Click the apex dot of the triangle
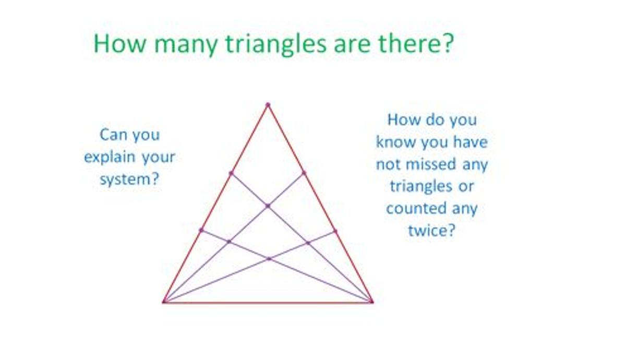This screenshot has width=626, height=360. (x=268, y=105)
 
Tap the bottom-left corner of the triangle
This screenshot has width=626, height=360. (x=163, y=302)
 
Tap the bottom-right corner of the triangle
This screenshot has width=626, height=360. (x=371, y=302)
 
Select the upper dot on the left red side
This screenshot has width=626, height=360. (x=231, y=173)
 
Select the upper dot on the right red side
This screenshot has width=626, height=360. (x=304, y=173)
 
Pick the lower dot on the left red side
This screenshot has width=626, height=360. (x=201, y=230)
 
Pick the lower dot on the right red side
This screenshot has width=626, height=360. (x=335, y=231)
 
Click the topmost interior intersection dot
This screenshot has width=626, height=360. (x=268, y=206)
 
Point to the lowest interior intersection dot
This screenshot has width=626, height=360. (x=269, y=259)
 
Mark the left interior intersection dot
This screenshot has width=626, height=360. (x=229, y=242)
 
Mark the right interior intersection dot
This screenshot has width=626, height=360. (x=308, y=243)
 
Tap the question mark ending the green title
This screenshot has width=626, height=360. (x=448, y=43)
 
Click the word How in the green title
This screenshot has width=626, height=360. (x=120, y=43)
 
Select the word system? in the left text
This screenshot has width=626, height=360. (x=129, y=179)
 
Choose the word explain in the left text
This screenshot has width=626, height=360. (x=110, y=157)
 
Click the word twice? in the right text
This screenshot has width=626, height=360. (x=432, y=231)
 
